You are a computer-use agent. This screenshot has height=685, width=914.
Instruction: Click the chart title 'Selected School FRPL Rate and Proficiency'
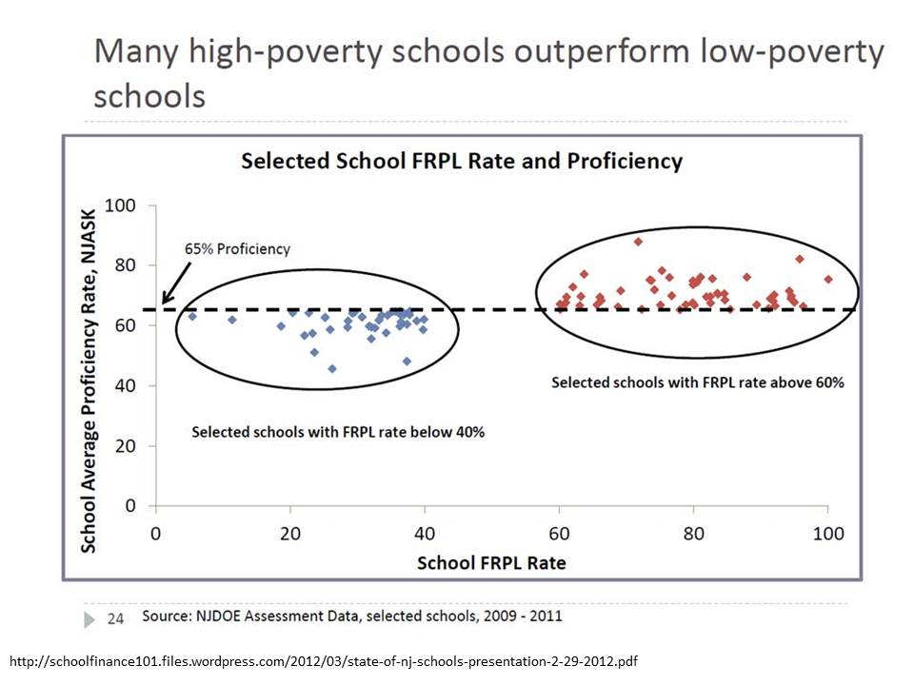click(462, 161)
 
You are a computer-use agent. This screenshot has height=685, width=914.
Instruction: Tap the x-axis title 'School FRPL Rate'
click(491, 563)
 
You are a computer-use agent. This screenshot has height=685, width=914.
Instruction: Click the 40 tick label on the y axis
click(124, 385)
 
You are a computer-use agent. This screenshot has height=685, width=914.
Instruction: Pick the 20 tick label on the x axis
click(290, 534)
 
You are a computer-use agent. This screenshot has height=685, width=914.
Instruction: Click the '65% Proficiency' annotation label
click(236, 249)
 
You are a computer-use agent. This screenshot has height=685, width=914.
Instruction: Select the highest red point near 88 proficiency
click(638, 242)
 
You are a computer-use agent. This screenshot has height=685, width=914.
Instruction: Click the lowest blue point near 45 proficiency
click(331, 368)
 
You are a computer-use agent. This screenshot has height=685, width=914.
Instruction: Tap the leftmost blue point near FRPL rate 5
click(192, 316)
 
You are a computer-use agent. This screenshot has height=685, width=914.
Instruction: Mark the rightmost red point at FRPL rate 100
click(828, 279)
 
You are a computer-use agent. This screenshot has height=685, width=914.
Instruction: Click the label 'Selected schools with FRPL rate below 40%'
click(338, 432)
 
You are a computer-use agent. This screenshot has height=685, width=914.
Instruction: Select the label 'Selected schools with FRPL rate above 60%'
click(698, 382)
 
